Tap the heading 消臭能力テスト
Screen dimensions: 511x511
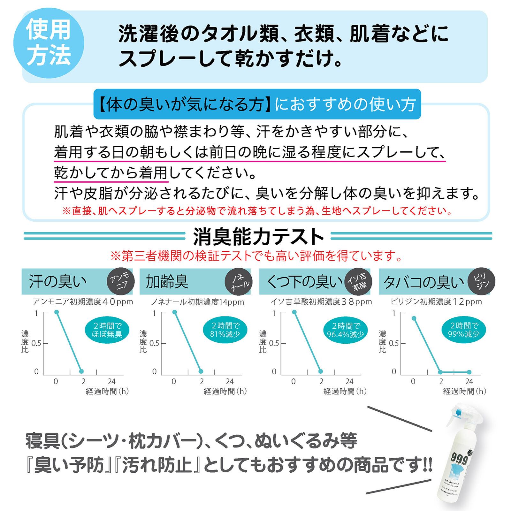tap(258, 237)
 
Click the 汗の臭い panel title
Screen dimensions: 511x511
tap(58, 281)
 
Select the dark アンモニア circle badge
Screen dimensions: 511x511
tap(120, 281)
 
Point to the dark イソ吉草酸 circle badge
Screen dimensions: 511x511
tap(357, 281)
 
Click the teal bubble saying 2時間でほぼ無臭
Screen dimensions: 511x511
tap(107, 330)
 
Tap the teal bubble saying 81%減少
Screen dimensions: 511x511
tap(225, 330)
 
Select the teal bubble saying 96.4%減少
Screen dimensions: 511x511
tap(345, 330)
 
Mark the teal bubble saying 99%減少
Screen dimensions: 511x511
tap(465, 330)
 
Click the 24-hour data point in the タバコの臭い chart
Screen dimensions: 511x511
tap(469, 372)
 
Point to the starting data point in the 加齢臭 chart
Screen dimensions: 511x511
tap(175, 312)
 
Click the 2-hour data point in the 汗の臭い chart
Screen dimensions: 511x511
tap(81, 371)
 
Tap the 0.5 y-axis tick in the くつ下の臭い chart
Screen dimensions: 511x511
tap(274, 343)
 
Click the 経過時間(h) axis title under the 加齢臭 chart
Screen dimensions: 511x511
tap(225, 391)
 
